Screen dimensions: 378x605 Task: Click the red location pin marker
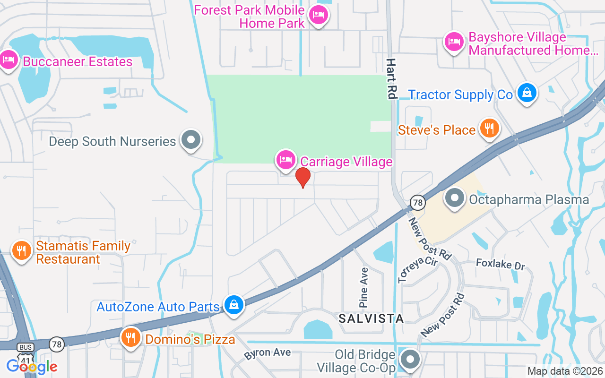click(x=302, y=177)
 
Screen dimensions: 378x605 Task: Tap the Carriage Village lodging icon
click(x=285, y=160)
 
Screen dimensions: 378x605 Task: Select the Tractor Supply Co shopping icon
click(x=526, y=92)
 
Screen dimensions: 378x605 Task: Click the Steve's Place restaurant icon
click(x=489, y=128)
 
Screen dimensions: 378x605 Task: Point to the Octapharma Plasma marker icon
click(x=455, y=198)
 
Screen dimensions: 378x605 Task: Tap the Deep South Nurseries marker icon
click(x=191, y=140)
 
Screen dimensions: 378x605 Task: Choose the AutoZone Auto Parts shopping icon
click(x=233, y=305)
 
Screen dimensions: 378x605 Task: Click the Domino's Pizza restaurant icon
click(x=131, y=337)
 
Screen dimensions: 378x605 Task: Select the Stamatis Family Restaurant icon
click(x=21, y=250)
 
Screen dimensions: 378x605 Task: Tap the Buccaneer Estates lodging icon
click(x=9, y=60)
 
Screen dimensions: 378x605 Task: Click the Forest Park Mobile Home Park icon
click(x=318, y=15)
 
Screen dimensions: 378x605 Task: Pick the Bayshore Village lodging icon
click(x=454, y=42)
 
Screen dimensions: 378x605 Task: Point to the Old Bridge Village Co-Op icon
click(x=410, y=360)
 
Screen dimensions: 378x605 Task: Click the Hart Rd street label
click(x=391, y=78)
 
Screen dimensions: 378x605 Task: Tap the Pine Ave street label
click(x=364, y=287)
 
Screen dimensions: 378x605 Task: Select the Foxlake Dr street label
click(x=500, y=264)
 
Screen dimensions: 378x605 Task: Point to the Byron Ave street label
click(x=267, y=353)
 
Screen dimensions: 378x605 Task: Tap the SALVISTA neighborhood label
click(x=371, y=318)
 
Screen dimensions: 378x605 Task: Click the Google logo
click(x=32, y=366)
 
